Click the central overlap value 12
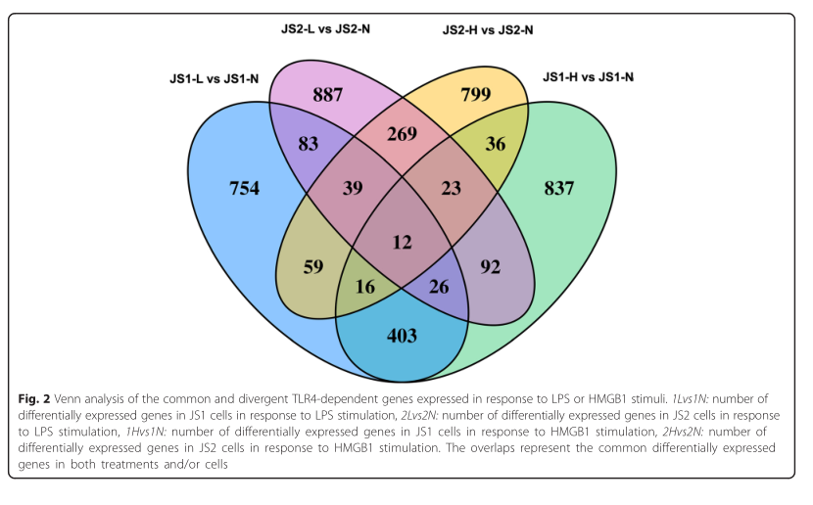coord(403,241)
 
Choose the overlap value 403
coord(403,336)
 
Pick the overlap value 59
coord(312,264)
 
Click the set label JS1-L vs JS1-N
coord(214,76)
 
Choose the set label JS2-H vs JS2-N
coord(488,29)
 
